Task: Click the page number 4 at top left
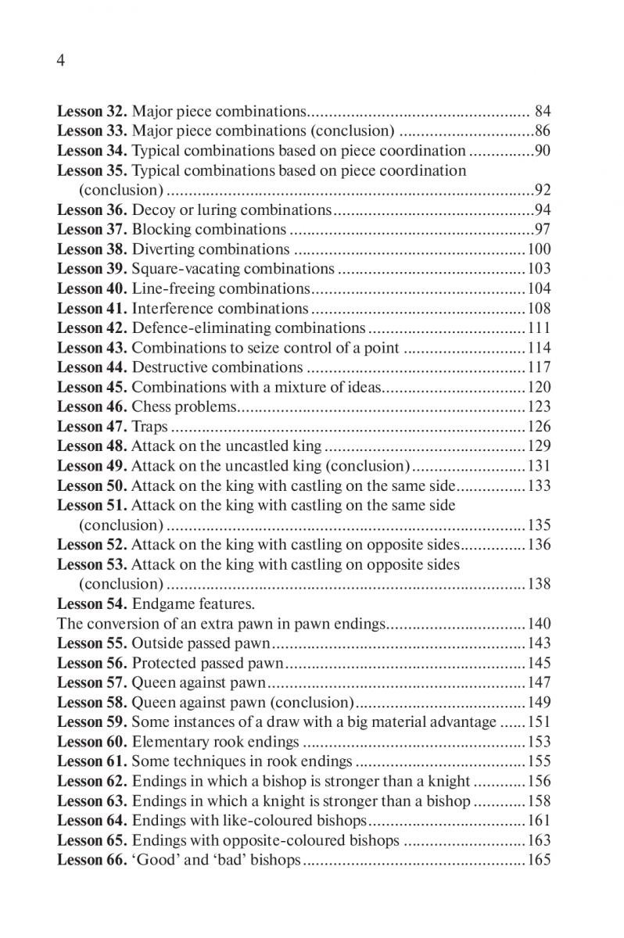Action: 61,63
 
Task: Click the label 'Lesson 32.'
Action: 92,112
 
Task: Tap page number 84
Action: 543,112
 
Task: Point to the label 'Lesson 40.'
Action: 92,288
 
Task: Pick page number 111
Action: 539,328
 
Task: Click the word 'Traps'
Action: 149,427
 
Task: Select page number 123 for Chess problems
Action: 539,406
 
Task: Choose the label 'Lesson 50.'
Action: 92,485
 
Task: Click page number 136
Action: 539,545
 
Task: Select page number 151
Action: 539,722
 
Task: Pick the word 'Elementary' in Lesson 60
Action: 169,742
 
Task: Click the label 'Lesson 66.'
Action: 92,860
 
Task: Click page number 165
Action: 539,860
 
